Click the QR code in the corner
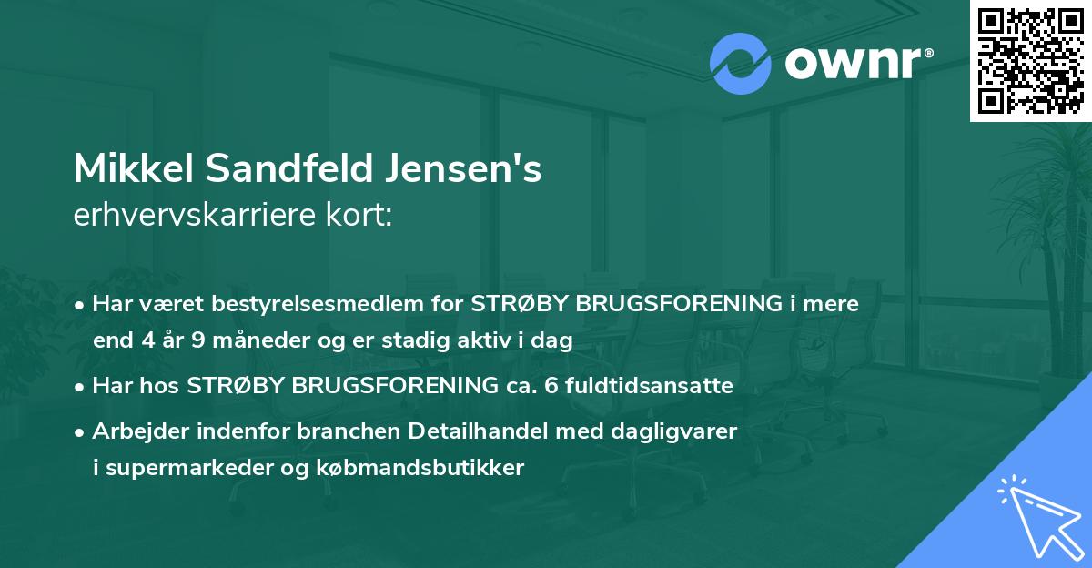click(1030, 61)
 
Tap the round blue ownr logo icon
click(741, 64)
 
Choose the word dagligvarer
click(682, 431)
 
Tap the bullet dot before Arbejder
click(82, 431)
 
